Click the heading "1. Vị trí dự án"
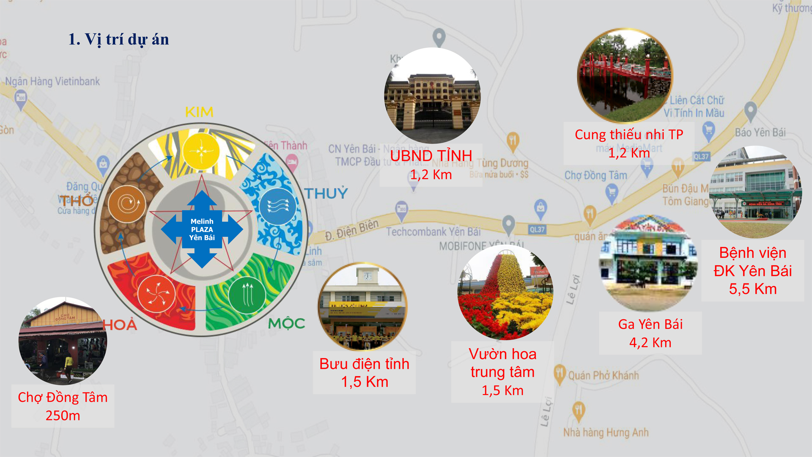click(x=118, y=39)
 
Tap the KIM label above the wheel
click(x=199, y=112)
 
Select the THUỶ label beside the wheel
click(x=326, y=193)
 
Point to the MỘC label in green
click(x=286, y=324)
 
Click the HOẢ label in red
click(x=120, y=325)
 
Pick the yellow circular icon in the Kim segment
click(x=201, y=151)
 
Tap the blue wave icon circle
click(x=277, y=206)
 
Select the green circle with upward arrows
click(x=247, y=295)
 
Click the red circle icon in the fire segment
click(x=156, y=294)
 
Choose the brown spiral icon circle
click(x=127, y=204)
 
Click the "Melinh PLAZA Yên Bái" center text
click(x=202, y=229)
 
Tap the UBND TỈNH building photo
click(x=432, y=96)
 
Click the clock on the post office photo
click(x=368, y=276)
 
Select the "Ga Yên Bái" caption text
click(x=650, y=325)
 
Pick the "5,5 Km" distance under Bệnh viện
click(x=753, y=289)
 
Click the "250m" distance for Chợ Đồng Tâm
click(x=63, y=416)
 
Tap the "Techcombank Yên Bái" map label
click(x=433, y=232)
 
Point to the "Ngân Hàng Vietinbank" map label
click(x=52, y=81)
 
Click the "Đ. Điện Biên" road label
click(x=351, y=230)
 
